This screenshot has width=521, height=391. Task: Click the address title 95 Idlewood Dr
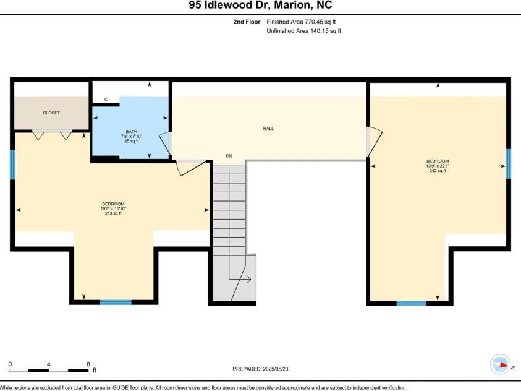point(260,6)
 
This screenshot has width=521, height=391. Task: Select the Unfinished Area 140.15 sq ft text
point(303,30)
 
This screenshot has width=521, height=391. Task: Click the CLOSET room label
point(51,113)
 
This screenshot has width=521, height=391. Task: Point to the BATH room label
point(131,131)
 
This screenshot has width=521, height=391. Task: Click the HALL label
point(268,129)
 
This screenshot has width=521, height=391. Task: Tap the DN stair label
point(229,156)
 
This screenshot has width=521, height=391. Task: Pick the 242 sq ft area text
point(438,171)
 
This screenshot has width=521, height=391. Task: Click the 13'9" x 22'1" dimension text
point(438,166)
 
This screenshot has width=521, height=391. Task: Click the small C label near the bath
point(106,99)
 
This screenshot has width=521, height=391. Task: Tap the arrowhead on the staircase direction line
point(248,280)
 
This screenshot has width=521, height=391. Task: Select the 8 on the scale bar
point(88,364)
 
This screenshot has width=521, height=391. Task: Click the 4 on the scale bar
point(48,364)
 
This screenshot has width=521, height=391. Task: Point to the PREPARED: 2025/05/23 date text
point(260,369)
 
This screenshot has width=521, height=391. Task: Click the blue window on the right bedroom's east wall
point(509,164)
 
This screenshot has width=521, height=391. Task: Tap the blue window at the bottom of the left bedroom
point(116,303)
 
